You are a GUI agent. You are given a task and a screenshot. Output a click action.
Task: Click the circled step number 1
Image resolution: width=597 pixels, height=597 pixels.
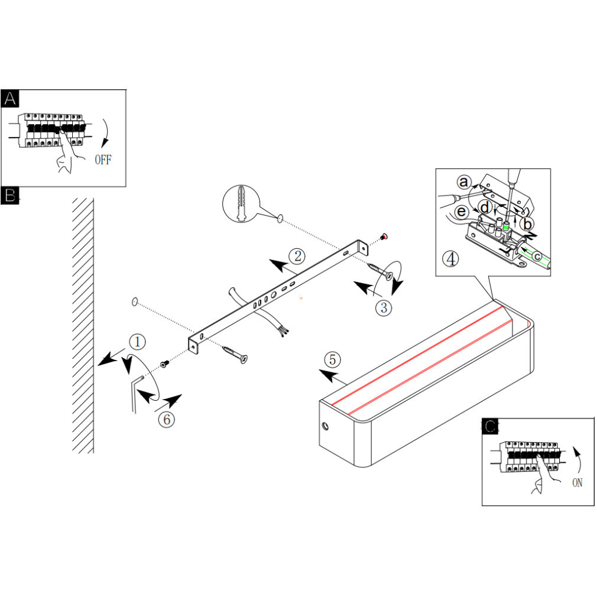tap(137, 342)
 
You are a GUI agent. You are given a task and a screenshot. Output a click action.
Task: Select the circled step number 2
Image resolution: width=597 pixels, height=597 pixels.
tap(297, 256)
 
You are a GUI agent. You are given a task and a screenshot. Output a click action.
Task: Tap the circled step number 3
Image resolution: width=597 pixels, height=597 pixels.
tap(384, 307)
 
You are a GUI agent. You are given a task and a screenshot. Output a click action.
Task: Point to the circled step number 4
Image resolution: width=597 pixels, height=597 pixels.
tap(450, 259)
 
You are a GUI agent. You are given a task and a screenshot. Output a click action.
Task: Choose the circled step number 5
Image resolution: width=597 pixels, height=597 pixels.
tap(332, 359)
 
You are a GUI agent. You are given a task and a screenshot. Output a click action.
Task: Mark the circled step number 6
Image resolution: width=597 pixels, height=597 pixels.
tap(166, 419)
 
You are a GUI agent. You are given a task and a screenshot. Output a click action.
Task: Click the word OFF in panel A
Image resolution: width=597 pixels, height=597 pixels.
tap(103, 160)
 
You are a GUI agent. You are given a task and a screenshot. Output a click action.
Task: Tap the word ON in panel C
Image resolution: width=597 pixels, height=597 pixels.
tap(577, 483)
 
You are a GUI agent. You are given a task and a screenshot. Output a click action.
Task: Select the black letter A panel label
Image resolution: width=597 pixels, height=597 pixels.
tap(10, 99)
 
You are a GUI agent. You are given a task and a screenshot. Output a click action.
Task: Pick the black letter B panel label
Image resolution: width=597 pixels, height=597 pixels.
tap(10, 195)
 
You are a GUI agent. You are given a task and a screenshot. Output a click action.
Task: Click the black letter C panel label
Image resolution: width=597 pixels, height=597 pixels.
tap(491, 426)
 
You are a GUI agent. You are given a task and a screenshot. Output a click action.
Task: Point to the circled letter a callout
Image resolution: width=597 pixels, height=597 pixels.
tap(464, 182)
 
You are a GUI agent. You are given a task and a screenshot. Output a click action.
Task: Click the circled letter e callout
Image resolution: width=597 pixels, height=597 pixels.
tap(462, 211)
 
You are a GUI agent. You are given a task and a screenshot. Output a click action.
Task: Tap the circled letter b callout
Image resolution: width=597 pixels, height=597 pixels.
tap(527, 224)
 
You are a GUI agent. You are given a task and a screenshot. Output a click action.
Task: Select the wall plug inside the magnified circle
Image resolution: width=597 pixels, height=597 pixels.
tap(241, 203)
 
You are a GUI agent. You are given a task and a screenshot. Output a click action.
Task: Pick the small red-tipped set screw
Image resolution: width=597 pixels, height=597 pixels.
tap(384, 237)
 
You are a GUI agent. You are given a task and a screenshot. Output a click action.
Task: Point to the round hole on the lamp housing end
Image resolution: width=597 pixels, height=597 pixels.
tap(325, 426)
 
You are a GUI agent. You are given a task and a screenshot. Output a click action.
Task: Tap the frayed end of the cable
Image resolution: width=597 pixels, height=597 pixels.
tap(284, 331)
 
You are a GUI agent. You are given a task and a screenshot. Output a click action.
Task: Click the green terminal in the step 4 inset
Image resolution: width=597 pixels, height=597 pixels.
tap(507, 226)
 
